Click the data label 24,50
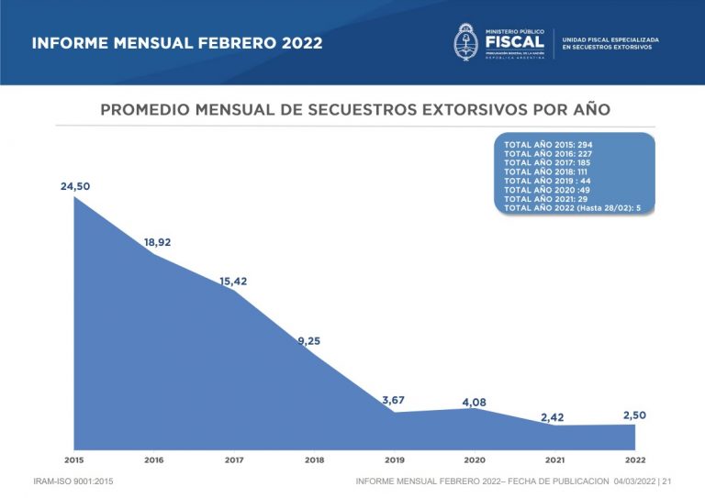[x=76, y=186]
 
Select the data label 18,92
[x=157, y=243]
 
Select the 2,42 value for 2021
[x=553, y=417]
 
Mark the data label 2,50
[x=634, y=415]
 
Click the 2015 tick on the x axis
[x=74, y=459]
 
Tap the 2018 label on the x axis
[x=314, y=459]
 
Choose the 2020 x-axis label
[x=475, y=459]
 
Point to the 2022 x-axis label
[x=634, y=459]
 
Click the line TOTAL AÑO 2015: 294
[x=548, y=145]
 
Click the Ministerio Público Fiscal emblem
[x=466, y=43]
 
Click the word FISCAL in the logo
[x=515, y=43]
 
